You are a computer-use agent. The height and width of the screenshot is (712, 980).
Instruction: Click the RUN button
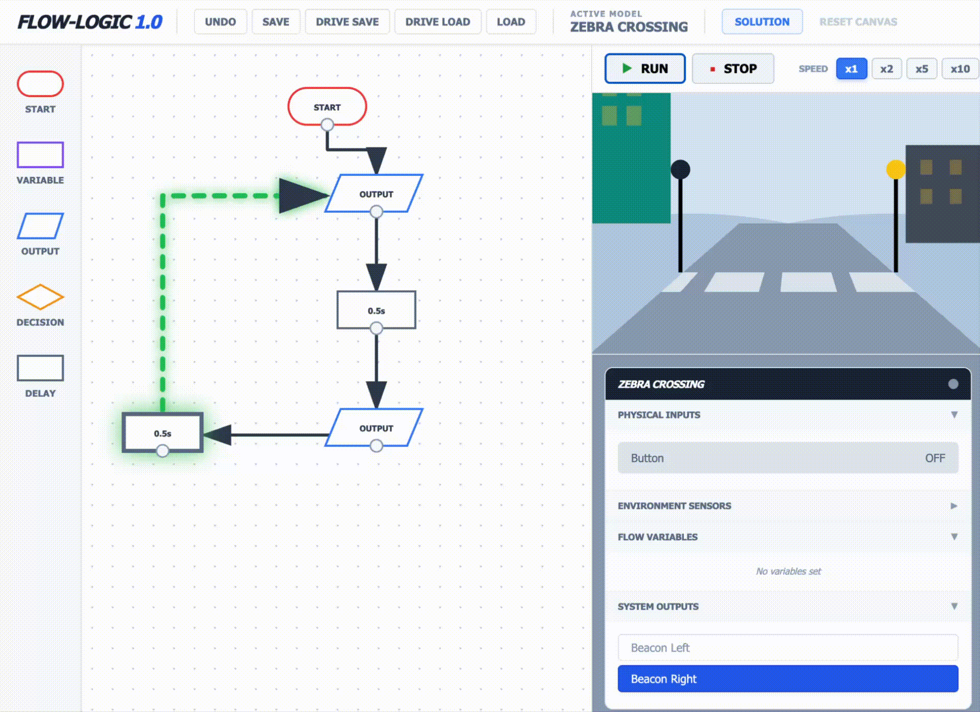coord(644,69)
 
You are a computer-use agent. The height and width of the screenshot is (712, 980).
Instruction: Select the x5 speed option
coord(921,69)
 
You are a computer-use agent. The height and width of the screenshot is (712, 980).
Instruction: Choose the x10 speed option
coord(960,69)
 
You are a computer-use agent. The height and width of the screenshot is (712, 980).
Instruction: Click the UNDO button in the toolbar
coord(220,22)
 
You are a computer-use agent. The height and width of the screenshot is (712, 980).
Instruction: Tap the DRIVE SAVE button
coord(347,22)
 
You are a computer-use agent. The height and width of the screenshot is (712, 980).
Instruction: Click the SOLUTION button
coord(762,22)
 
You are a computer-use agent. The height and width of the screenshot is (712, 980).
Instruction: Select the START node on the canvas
coord(327,106)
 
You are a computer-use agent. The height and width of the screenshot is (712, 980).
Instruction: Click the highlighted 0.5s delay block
coord(163,433)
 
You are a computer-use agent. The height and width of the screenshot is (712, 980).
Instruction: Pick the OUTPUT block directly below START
coord(376,194)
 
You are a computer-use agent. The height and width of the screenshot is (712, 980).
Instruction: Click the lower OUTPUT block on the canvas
coord(376,428)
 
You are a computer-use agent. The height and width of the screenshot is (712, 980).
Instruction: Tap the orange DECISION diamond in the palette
coord(40,297)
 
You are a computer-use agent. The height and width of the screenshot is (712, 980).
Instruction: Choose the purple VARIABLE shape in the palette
coord(40,155)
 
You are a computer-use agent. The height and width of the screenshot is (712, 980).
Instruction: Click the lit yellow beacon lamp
coord(895,169)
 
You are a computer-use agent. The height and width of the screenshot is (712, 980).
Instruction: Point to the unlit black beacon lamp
coord(680,169)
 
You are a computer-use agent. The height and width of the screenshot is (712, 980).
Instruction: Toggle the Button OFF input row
coord(788,458)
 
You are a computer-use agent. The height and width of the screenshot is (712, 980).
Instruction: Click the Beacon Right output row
coord(788,679)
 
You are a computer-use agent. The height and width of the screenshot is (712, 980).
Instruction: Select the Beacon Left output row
coord(788,648)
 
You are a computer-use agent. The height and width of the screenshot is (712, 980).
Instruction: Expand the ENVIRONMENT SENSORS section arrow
coord(953,506)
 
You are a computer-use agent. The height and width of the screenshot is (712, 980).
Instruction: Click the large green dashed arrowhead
coord(302,195)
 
